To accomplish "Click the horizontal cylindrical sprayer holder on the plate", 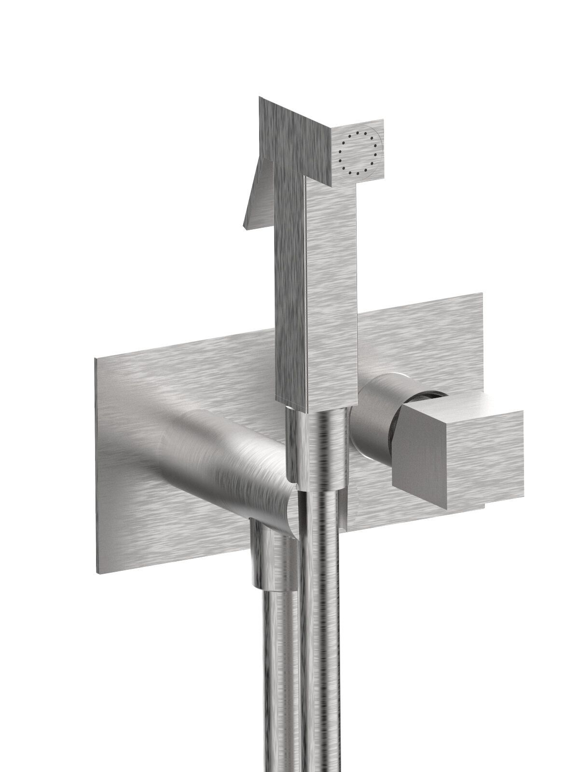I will point(217,463).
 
